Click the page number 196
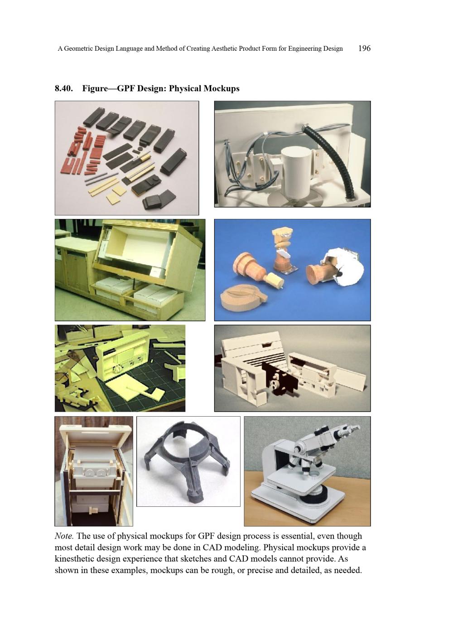pyautogui.click(x=364, y=48)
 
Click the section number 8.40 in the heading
pyautogui.click(x=63, y=88)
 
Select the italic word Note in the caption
pyautogui.click(x=63, y=536)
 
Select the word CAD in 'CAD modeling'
pyautogui.click(x=211, y=547)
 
